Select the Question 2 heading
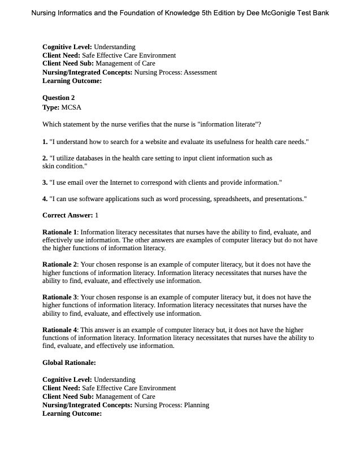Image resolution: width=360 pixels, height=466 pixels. (59, 98)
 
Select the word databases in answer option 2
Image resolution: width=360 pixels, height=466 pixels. (97, 158)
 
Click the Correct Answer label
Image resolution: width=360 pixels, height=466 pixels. (67, 215)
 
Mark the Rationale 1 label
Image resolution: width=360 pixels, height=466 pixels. (59, 232)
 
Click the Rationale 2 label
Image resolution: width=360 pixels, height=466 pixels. (59, 264)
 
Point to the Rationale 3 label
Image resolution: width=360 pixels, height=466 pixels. (59, 297)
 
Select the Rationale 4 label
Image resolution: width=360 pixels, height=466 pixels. (59, 330)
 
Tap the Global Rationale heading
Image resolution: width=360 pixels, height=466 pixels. (69, 363)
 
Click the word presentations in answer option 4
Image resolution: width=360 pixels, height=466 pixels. (284, 199)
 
